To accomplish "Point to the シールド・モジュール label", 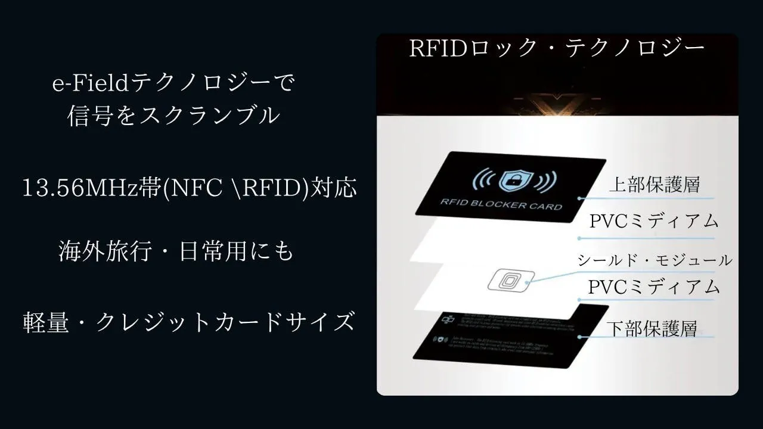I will [654, 260].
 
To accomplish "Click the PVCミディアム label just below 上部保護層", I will [654, 221].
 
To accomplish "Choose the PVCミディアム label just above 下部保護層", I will [654, 287].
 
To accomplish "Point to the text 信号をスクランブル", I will [173, 116].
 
